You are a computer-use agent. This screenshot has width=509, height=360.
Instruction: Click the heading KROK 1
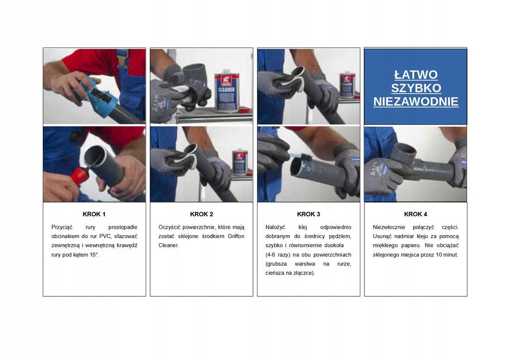(94, 214)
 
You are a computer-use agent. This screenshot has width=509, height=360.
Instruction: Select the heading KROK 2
(202, 214)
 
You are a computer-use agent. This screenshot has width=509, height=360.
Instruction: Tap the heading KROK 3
(309, 214)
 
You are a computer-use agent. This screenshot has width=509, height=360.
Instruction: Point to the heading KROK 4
(416, 214)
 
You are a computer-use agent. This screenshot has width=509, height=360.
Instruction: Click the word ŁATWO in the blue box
(416, 75)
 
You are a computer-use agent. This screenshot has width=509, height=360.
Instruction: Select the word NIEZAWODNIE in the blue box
(416, 101)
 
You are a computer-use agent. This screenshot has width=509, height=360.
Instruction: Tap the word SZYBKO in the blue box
(416, 89)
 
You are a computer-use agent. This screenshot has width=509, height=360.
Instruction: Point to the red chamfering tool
(80, 176)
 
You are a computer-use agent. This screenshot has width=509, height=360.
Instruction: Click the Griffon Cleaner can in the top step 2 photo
(227, 92)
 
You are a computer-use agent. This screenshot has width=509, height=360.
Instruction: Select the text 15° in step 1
(94, 255)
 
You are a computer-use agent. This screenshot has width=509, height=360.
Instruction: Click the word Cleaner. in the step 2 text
(169, 246)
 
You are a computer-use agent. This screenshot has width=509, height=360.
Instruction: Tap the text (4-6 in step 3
(270, 255)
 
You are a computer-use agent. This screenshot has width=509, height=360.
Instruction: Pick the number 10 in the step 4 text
(438, 255)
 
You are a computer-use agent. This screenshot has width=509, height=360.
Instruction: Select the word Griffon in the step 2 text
(236, 236)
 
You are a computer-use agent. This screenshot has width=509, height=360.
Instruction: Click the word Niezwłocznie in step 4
(389, 227)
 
